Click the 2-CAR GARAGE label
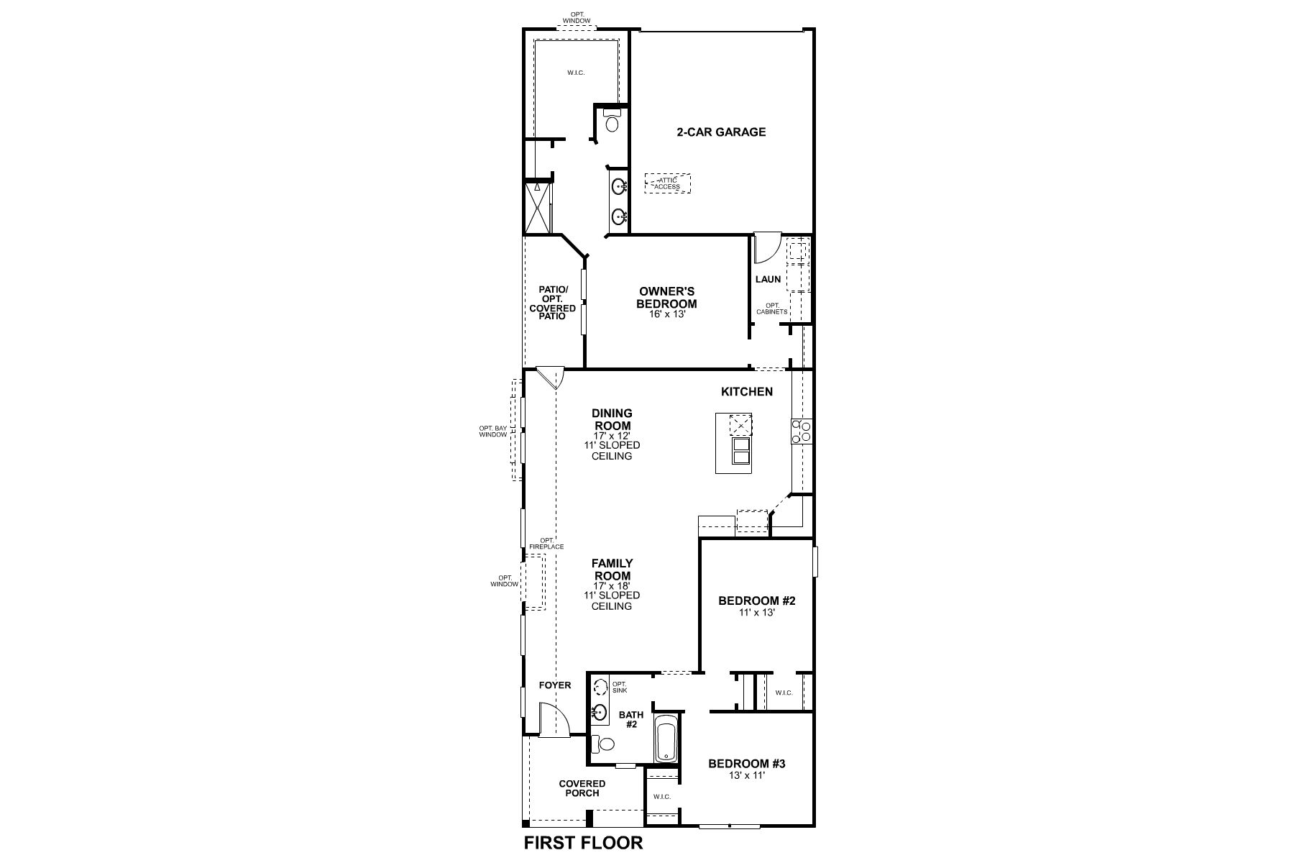[x=721, y=132]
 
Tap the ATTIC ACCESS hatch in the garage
[x=667, y=183]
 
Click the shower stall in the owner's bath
[x=537, y=208]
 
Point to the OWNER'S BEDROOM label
[x=666, y=298]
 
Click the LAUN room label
[x=768, y=279]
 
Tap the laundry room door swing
[x=766, y=248]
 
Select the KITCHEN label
[x=747, y=392]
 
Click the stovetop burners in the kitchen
[x=802, y=431]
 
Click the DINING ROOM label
[x=612, y=419]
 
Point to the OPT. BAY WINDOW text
[x=493, y=431]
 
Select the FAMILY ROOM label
[x=612, y=570]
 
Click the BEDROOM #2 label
[x=758, y=601]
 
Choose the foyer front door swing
[x=554, y=721]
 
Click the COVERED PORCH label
[x=582, y=788]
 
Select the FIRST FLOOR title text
[x=583, y=843]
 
